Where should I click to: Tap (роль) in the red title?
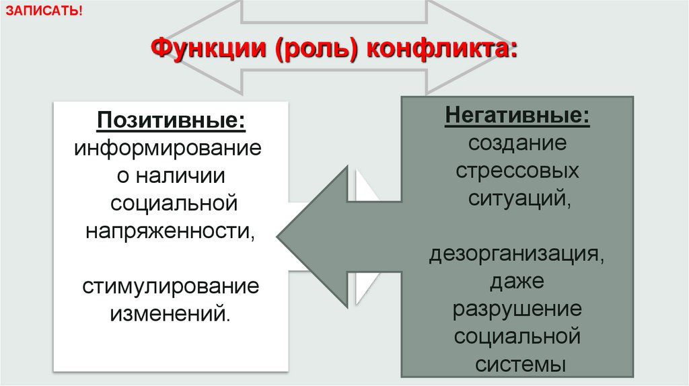click(x=316, y=50)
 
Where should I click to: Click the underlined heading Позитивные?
click(x=171, y=121)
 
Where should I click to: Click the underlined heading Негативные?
click(x=517, y=116)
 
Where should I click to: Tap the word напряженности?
click(x=171, y=231)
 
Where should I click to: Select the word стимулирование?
click(x=171, y=286)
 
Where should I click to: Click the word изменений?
click(x=171, y=313)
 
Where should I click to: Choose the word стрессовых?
click(x=517, y=171)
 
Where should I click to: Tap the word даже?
click(x=517, y=282)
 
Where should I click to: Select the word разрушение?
click(x=517, y=309)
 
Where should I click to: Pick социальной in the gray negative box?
click(x=517, y=336)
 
